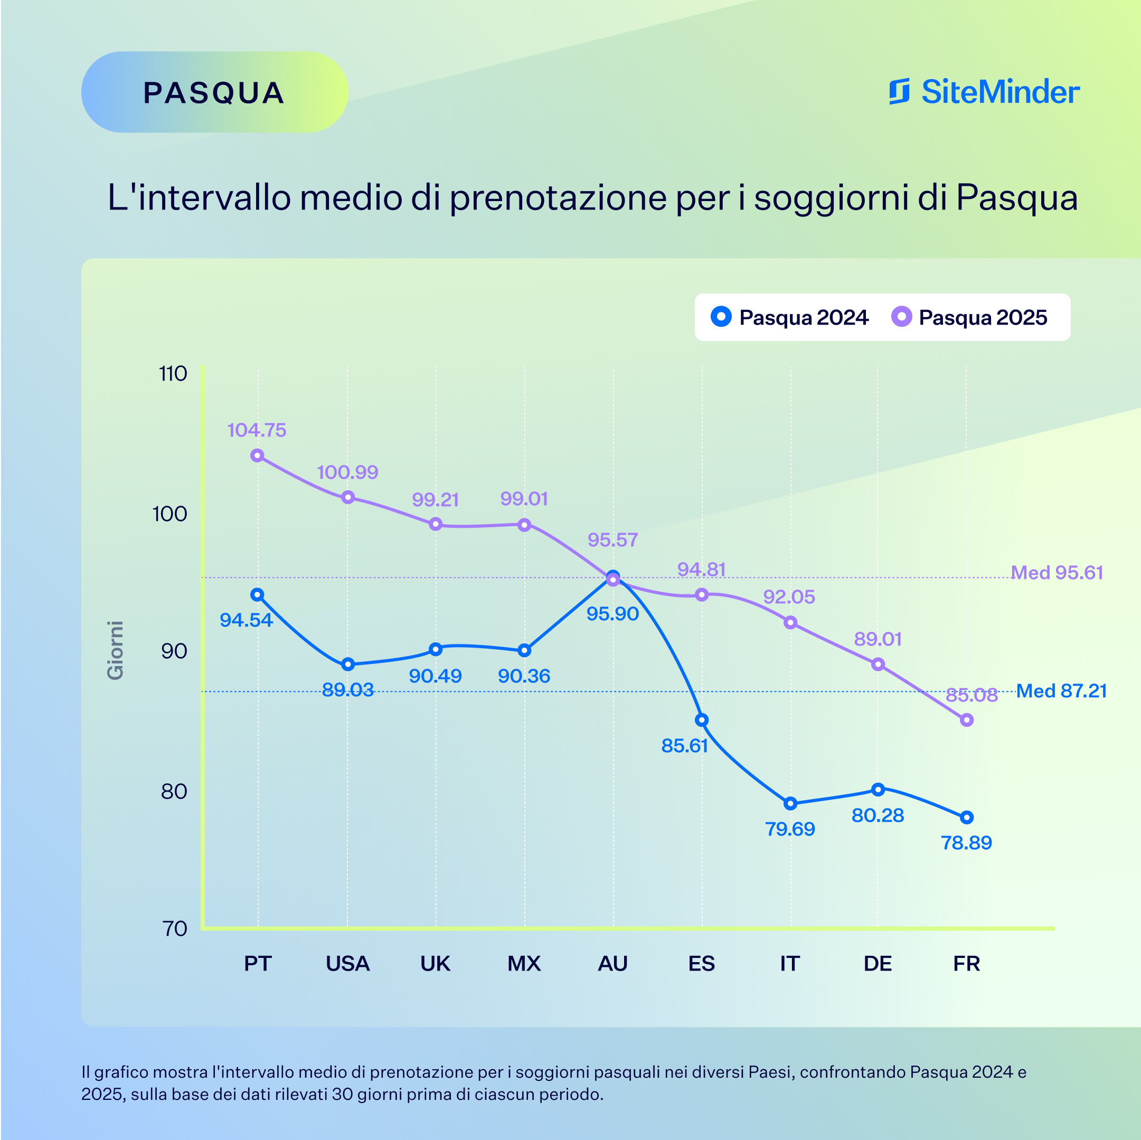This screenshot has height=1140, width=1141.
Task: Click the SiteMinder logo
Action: tap(984, 92)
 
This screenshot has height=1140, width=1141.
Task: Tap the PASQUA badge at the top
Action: tap(214, 93)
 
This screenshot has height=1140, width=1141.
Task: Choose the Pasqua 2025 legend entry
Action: tap(969, 317)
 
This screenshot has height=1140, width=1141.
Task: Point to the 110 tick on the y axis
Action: tap(173, 374)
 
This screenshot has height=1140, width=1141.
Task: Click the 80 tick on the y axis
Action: tap(174, 792)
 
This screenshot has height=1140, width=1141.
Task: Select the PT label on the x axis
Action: tap(258, 964)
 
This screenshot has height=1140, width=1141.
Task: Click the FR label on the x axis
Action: tap(966, 964)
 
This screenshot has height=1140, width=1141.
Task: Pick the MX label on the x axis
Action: tap(524, 964)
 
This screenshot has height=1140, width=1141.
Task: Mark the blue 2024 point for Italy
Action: tap(790, 803)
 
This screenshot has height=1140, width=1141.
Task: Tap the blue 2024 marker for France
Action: tap(966, 818)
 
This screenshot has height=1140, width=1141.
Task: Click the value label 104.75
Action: tap(257, 430)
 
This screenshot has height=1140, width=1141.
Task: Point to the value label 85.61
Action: tap(684, 746)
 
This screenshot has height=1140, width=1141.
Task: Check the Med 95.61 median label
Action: tap(1057, 573)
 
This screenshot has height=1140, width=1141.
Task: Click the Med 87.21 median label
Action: tap(1061, 691)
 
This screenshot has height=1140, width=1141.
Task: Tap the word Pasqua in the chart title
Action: tap(1016, 197)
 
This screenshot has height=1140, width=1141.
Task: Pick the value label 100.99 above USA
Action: tap(347, 472)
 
